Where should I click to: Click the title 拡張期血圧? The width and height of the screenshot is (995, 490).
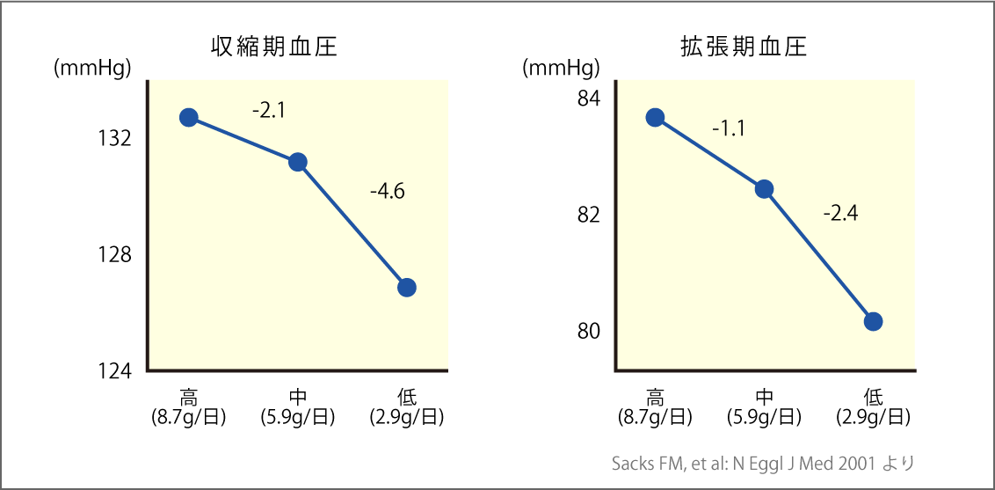[x=744, y=47]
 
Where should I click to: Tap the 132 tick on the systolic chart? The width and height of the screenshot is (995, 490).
[x=115, y=138]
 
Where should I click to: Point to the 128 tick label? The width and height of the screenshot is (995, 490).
[x=115, y=255]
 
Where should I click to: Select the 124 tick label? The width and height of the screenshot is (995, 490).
[x=115, y=371]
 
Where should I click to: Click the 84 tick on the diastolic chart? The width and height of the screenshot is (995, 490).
[x=589, y=98]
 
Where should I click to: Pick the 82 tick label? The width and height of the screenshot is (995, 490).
[x=589, y=215]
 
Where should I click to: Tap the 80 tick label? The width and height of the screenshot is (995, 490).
[x=589, y=332]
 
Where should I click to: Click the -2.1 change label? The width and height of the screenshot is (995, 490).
[x=269, y=111]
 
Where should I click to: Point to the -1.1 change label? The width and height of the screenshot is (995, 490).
[x=729, y=129]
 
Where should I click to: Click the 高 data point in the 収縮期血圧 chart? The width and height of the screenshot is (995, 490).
[x=188, y=117]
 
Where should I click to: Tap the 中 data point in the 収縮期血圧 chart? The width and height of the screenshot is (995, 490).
[x=297, y=162]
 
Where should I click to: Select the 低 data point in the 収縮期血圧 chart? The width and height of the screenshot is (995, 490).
[x=406, y=287]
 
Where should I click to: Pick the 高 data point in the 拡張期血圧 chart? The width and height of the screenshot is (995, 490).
[x=655, y=117]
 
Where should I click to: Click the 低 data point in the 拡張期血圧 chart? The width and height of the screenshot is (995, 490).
[x=873, y=321]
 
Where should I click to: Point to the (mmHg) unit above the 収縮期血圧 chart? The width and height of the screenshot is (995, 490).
[x=92, y=68]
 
